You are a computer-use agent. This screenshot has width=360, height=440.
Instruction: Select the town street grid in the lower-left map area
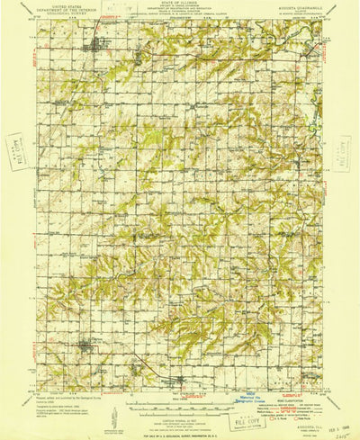[86, 346]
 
